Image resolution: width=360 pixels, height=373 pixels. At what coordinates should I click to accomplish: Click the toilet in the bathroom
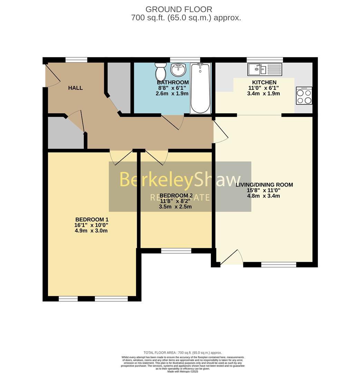click(161, 71)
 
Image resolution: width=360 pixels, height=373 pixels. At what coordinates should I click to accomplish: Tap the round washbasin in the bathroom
click(178, 70)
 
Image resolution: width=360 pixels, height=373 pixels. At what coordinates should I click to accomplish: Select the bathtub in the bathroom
click(200, 88)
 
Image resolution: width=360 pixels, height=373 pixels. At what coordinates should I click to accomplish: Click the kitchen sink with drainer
click(265, 69)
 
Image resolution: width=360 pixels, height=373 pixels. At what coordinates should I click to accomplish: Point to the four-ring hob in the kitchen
click(304, 96)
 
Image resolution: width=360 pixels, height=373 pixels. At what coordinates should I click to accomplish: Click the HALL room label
click(75, 88)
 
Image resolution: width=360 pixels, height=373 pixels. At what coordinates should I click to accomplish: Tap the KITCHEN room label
click(264, 82)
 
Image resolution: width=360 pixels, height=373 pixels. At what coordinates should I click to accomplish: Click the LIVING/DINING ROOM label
click(264, 185)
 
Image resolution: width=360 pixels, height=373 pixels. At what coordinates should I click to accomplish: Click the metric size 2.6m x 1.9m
click(173, 94)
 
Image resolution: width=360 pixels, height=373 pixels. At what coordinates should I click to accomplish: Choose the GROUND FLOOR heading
click(179, 9)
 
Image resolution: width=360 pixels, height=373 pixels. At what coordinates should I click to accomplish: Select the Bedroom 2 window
click(176, 251)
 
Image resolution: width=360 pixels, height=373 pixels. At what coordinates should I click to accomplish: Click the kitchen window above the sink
click(265, 60)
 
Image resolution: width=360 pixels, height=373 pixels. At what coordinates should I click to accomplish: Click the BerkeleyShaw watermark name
click(180, 180)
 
